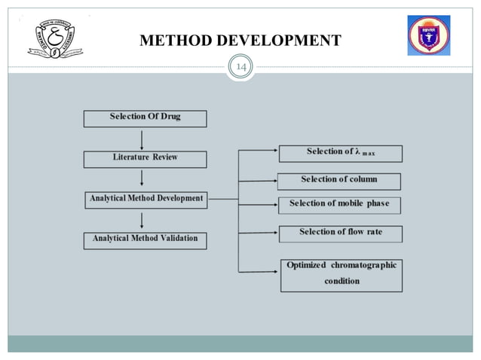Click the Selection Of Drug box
click(145, 117)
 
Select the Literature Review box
click(146, 159)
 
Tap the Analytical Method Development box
click(146, 200)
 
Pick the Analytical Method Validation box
click(145, 239)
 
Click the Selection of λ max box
click(340, 153)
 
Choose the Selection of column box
click(339, 180)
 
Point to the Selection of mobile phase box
click(339, 204)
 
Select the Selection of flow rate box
click(340, 233)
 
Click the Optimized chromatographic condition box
click(341, 274)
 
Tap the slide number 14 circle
click(240, 68)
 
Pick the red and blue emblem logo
click(428, 35)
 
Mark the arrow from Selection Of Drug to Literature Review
click(141, 139)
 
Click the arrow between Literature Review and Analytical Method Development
click(141, 178)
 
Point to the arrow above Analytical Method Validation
click(141, 220)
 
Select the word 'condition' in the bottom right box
click(342, 282)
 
